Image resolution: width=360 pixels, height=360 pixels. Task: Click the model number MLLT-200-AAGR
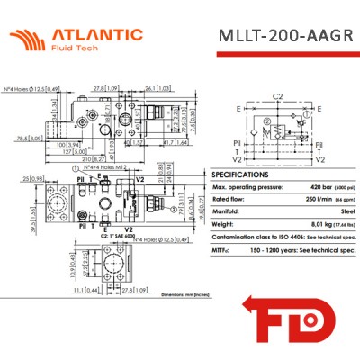(x=284, y=38)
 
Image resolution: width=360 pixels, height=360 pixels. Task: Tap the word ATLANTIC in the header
(x=97, y=34)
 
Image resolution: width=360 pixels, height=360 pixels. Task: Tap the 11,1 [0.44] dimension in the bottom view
(x=86, y=289)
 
